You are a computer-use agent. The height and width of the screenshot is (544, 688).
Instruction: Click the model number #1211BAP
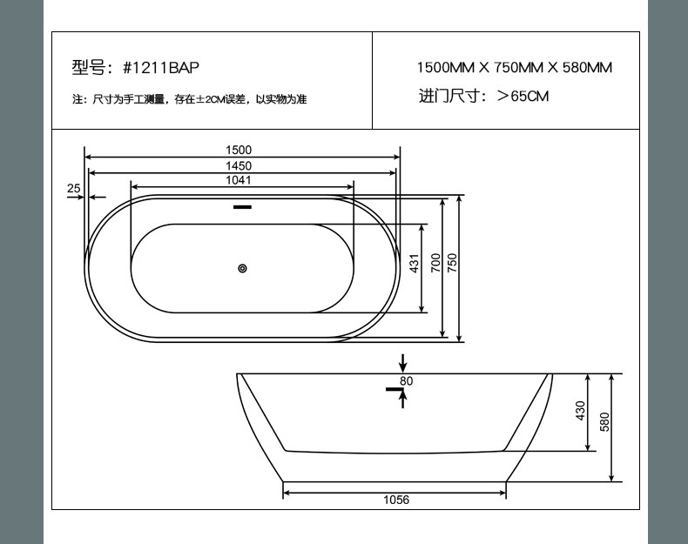tap(160, 68)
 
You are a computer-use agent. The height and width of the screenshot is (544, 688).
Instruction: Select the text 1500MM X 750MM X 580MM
tap(514, 68)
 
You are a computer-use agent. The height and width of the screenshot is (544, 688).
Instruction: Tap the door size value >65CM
tap(523, 96)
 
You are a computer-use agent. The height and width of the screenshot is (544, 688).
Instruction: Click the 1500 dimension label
tap(239, 150)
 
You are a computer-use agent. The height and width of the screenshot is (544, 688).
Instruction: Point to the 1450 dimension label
tap(239, 165)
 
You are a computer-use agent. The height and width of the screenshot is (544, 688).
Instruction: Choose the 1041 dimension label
tap(239, 180)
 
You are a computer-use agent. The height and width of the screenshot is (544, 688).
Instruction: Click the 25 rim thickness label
tap(74, 189)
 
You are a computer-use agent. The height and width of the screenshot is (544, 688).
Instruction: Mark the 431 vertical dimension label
tap(415, 263)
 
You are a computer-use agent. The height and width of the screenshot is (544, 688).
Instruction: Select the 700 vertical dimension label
tap(435, 263)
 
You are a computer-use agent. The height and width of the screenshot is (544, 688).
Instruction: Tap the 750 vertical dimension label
tap(452, 263)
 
